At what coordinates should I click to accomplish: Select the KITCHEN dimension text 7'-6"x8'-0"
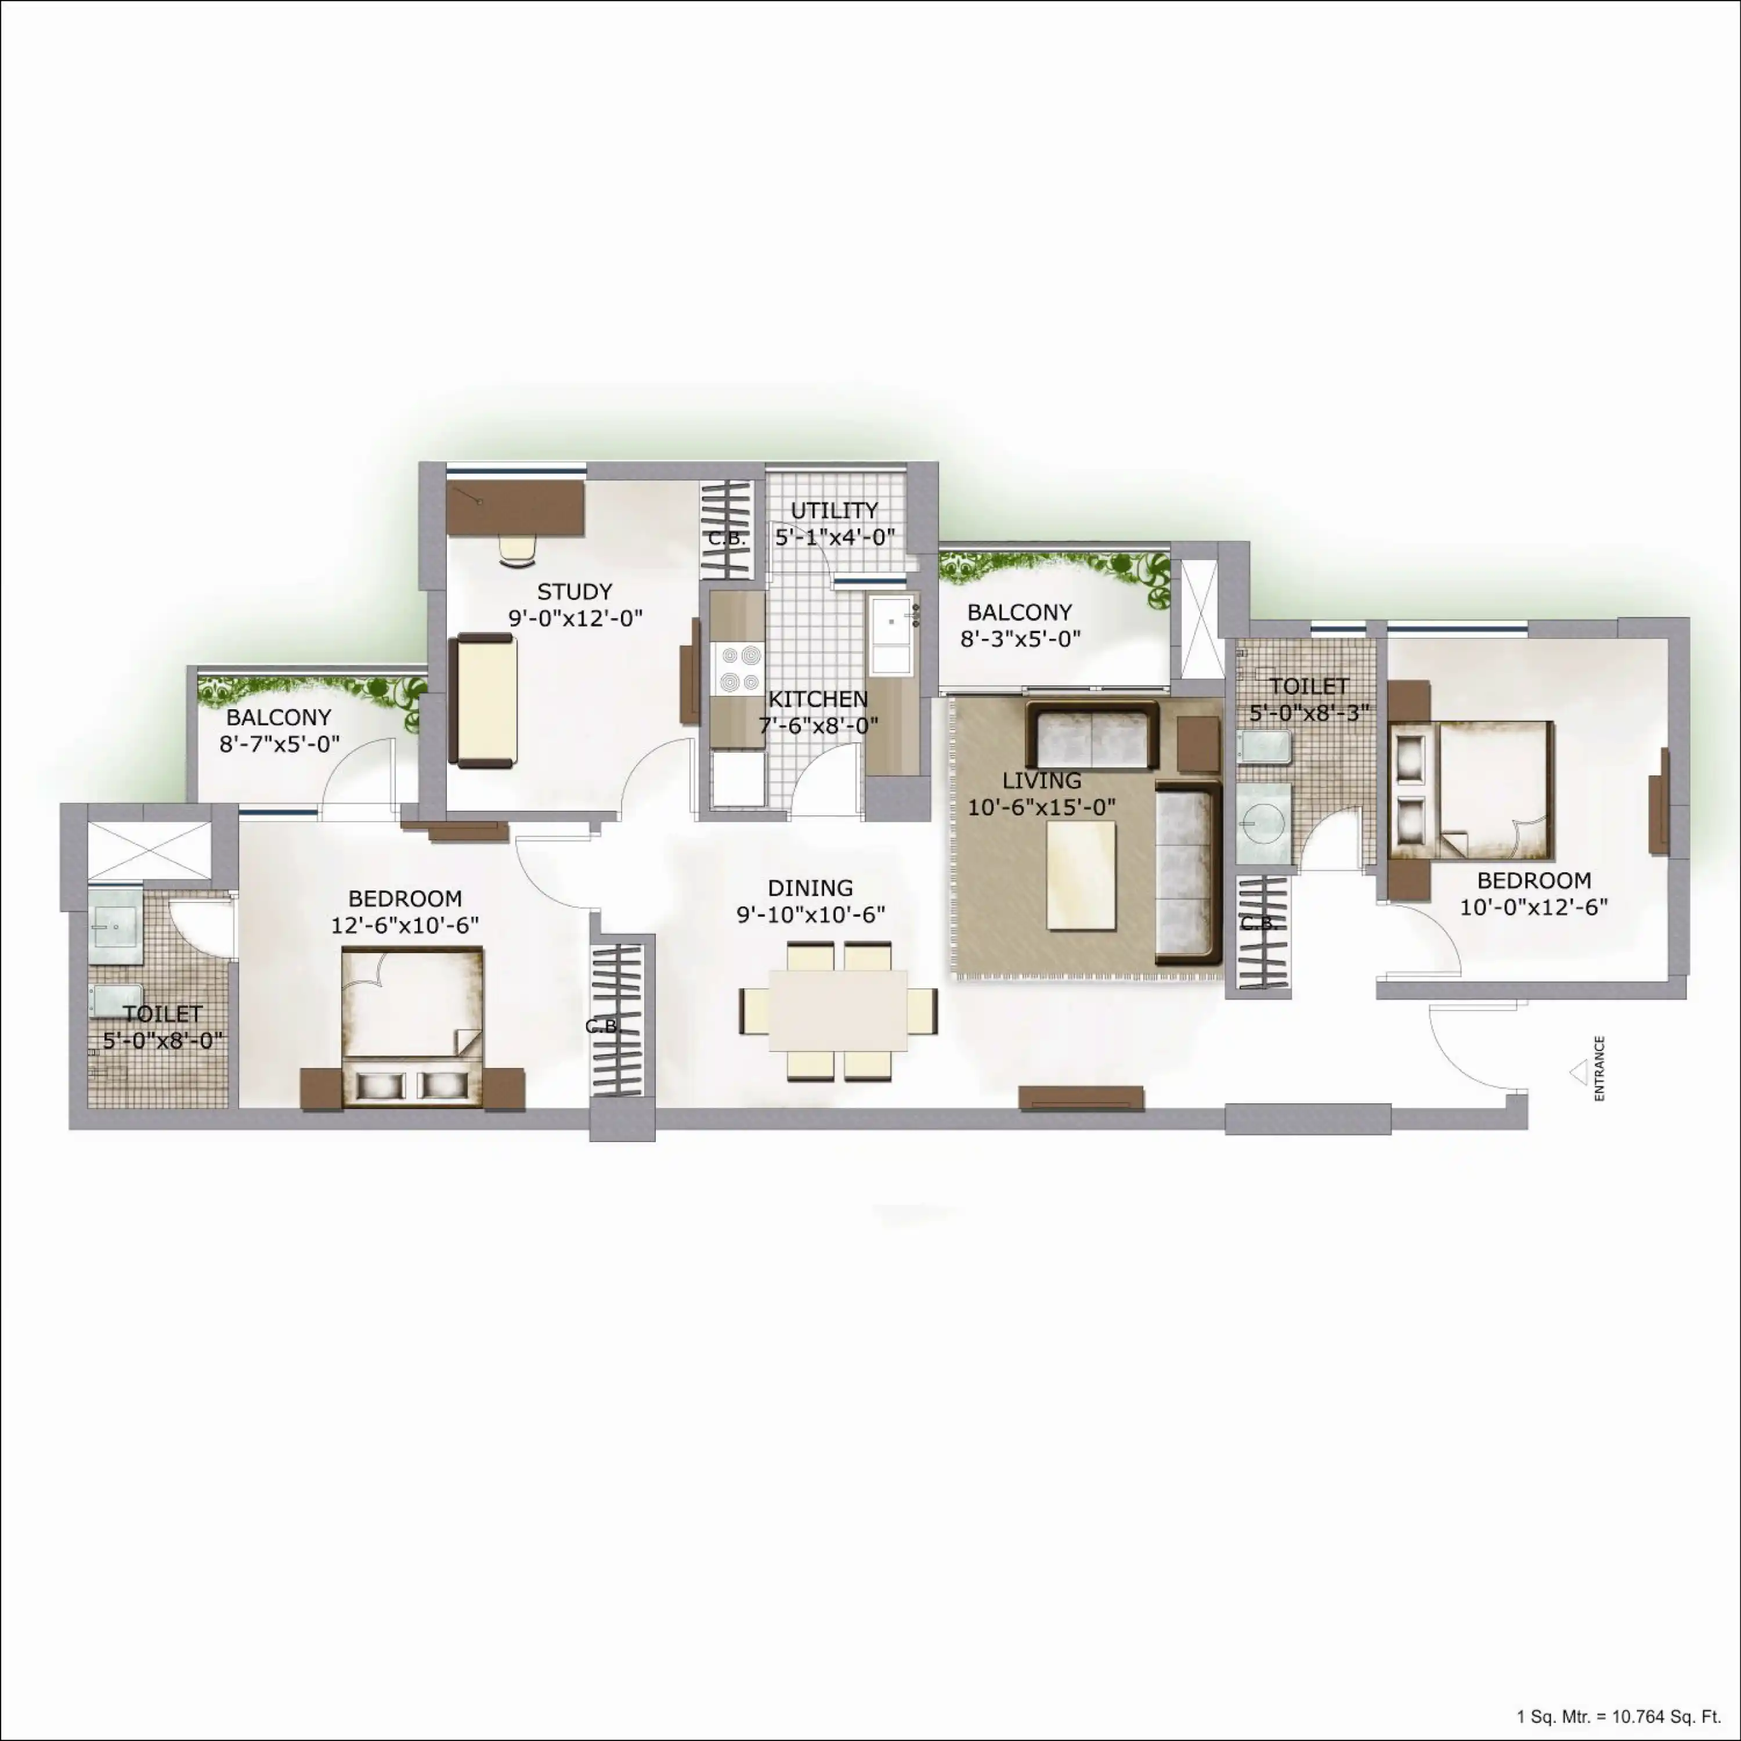(818, 725)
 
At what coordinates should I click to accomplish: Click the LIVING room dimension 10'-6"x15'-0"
(1042, 807)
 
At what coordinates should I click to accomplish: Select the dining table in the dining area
(837, 1010)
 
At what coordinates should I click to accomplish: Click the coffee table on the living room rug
(1081, 875)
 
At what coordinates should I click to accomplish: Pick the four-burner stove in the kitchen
(738, 669)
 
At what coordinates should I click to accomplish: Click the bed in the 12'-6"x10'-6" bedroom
(412, 1027)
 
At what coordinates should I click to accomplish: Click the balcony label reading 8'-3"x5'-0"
(1020, 639)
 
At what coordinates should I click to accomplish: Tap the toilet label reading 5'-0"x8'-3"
(1309, 712)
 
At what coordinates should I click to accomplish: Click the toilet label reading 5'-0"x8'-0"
(162, 1041)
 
